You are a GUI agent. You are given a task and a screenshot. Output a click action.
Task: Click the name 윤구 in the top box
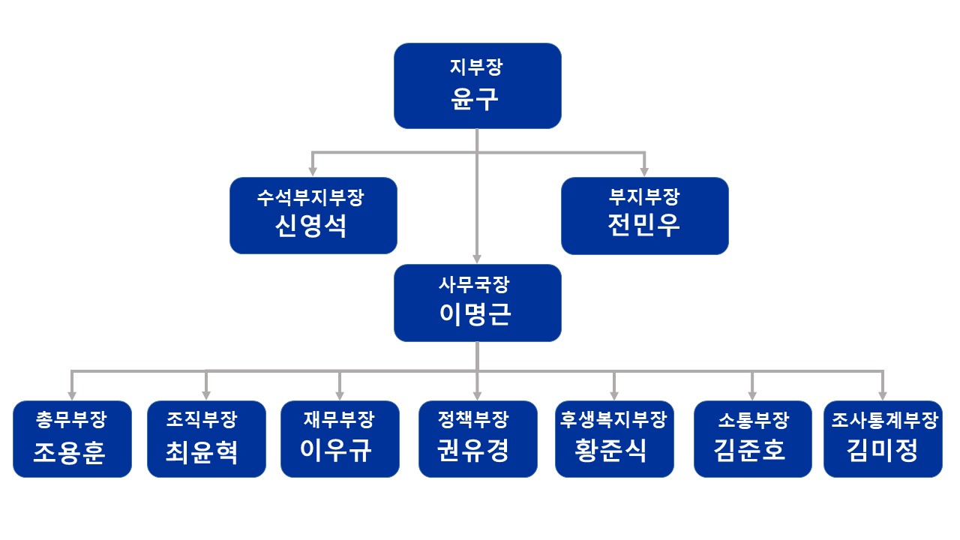[477, 99]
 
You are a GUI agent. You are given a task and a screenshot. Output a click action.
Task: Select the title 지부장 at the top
[477, 67]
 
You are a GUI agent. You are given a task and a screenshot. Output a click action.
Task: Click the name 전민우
[644, 225]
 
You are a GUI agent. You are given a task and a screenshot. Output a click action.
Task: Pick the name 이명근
[477, 314]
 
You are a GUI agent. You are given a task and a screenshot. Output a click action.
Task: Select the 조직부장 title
[206, 420]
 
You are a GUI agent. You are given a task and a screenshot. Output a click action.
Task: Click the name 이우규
[340, 451]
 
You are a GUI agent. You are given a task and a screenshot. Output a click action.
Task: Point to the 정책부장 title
[477, 420]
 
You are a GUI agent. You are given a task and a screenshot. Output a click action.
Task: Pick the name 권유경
[477, 451]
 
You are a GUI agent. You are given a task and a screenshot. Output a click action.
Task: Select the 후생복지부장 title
[614, 420]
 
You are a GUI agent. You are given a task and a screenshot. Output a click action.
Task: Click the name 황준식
[614, 451]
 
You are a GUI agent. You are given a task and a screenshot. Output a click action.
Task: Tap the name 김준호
[752, 451]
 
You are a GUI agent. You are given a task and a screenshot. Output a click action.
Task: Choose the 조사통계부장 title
[883, 420]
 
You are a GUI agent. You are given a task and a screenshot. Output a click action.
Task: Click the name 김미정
[883, 451]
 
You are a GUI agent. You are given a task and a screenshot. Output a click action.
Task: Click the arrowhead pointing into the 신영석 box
[313, 172]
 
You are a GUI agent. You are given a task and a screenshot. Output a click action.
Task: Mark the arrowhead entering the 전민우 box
[644, 172]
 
